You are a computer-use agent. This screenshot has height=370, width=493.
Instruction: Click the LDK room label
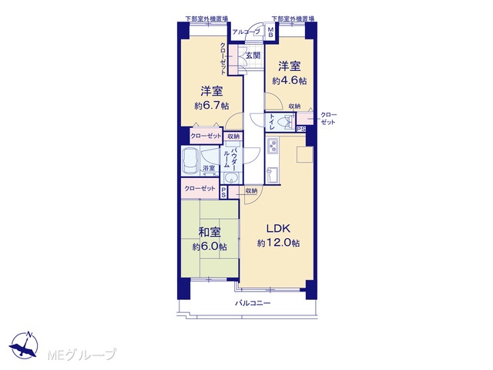[x=278, y=228]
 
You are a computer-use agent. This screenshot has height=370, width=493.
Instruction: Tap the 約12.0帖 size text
[x=278, y=243]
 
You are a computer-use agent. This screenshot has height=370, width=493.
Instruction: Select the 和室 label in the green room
[x=210, y=232]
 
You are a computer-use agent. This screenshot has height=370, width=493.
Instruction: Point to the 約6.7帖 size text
[x=211, y=106]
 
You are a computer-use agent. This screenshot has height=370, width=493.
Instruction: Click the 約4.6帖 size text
[x=290, y=81]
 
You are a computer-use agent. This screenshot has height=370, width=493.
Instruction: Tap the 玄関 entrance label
[x=253, y=55]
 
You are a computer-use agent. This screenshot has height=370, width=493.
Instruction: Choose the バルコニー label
[x=253, y=303]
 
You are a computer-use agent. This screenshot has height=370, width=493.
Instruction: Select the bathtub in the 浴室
[x=190, y=160]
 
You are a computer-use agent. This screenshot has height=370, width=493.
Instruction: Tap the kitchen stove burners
[x=272, y=146]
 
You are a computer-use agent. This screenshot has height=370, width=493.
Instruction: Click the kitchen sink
[x=272, y=175]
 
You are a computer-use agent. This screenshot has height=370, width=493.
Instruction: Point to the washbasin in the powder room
[x=232, y=178]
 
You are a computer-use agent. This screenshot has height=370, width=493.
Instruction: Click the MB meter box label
[x=270, y=32]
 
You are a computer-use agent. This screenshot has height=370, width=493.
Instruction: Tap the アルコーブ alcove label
[x=246, y=32]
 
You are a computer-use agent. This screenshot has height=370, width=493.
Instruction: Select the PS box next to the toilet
[x=301, y=129]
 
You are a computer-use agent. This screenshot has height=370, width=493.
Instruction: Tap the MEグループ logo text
[x=82, y=355]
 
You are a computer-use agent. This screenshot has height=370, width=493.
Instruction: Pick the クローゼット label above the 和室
[x=200, y=188]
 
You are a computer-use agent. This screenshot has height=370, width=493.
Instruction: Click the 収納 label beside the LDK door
[x=251, y=190]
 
